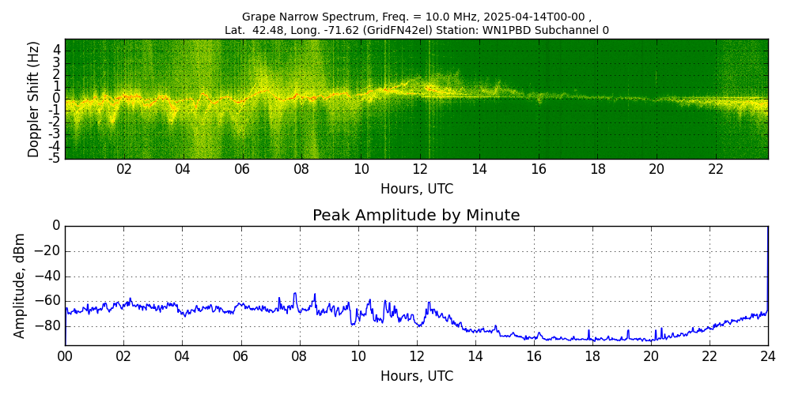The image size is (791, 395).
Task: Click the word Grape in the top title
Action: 258,17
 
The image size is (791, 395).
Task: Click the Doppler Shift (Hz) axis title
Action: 33,100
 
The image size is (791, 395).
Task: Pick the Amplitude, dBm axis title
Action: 20,285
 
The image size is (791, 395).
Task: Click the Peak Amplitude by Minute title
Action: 416,216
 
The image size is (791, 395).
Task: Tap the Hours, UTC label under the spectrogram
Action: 416,190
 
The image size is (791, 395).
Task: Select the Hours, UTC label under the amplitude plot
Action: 416,376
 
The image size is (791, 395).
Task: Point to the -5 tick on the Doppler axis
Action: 54,158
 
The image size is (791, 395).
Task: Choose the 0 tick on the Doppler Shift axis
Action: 56,99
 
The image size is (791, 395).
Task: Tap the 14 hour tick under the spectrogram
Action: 479,169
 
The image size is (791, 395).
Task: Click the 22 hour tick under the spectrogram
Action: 716,169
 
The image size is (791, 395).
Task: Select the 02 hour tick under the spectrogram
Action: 124,169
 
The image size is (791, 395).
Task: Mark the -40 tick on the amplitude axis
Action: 50,276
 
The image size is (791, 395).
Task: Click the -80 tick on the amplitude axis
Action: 50,325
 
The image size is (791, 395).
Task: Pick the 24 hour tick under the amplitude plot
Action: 767,355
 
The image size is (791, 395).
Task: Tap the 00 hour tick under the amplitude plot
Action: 65,355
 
